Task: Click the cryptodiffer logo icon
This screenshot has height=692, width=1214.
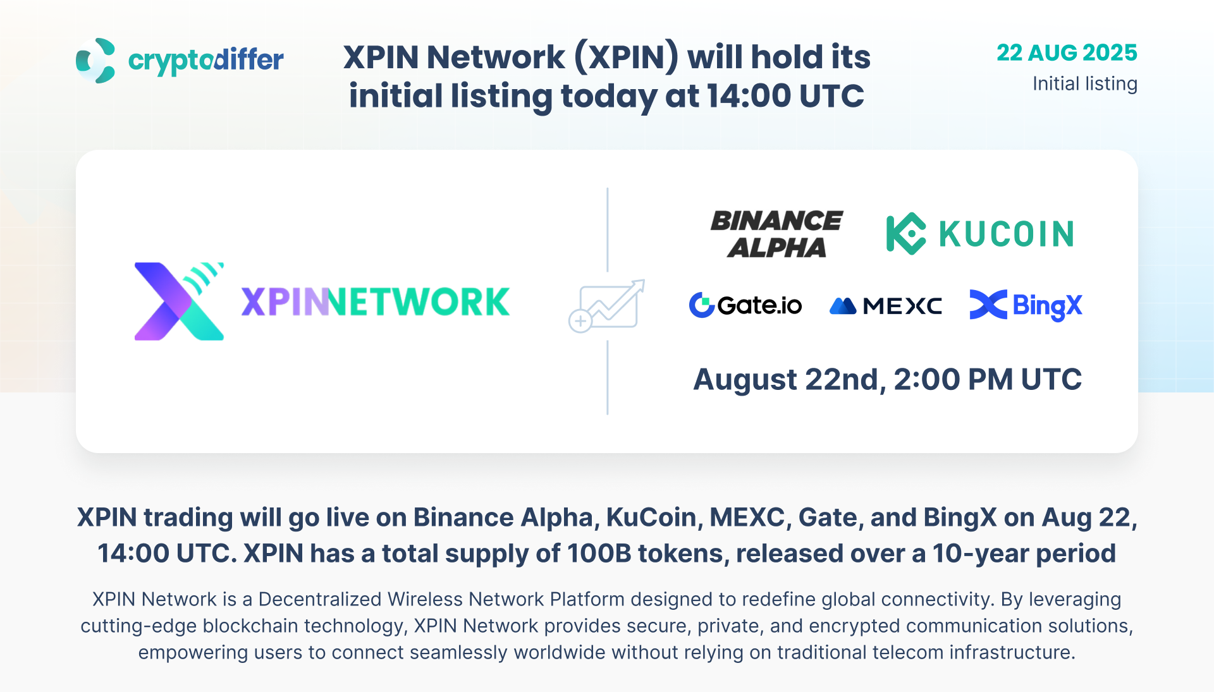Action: point(95,61)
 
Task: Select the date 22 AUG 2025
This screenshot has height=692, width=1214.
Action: point(1067,52)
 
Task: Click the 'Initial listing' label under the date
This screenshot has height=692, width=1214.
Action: point(1084,83)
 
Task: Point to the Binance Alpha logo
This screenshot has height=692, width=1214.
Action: point(776,234)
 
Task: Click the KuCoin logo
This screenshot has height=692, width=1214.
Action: point(980,234)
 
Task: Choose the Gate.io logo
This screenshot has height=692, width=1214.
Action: point(745,305)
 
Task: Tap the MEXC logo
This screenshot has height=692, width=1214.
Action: point(885,306)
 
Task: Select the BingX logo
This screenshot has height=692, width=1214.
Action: point(1026,305)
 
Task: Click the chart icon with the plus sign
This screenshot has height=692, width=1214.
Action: point(606,306)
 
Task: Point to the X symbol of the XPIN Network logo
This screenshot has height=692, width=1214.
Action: point(179,301)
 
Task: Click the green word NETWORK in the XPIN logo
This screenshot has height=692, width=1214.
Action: point(419,302)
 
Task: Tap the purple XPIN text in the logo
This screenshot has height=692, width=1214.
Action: point(285,302)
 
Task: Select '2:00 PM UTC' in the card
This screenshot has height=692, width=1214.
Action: point(988,379)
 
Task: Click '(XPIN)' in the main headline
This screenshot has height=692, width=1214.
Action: point(626,57)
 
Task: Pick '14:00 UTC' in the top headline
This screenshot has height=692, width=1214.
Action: point(785,96)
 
